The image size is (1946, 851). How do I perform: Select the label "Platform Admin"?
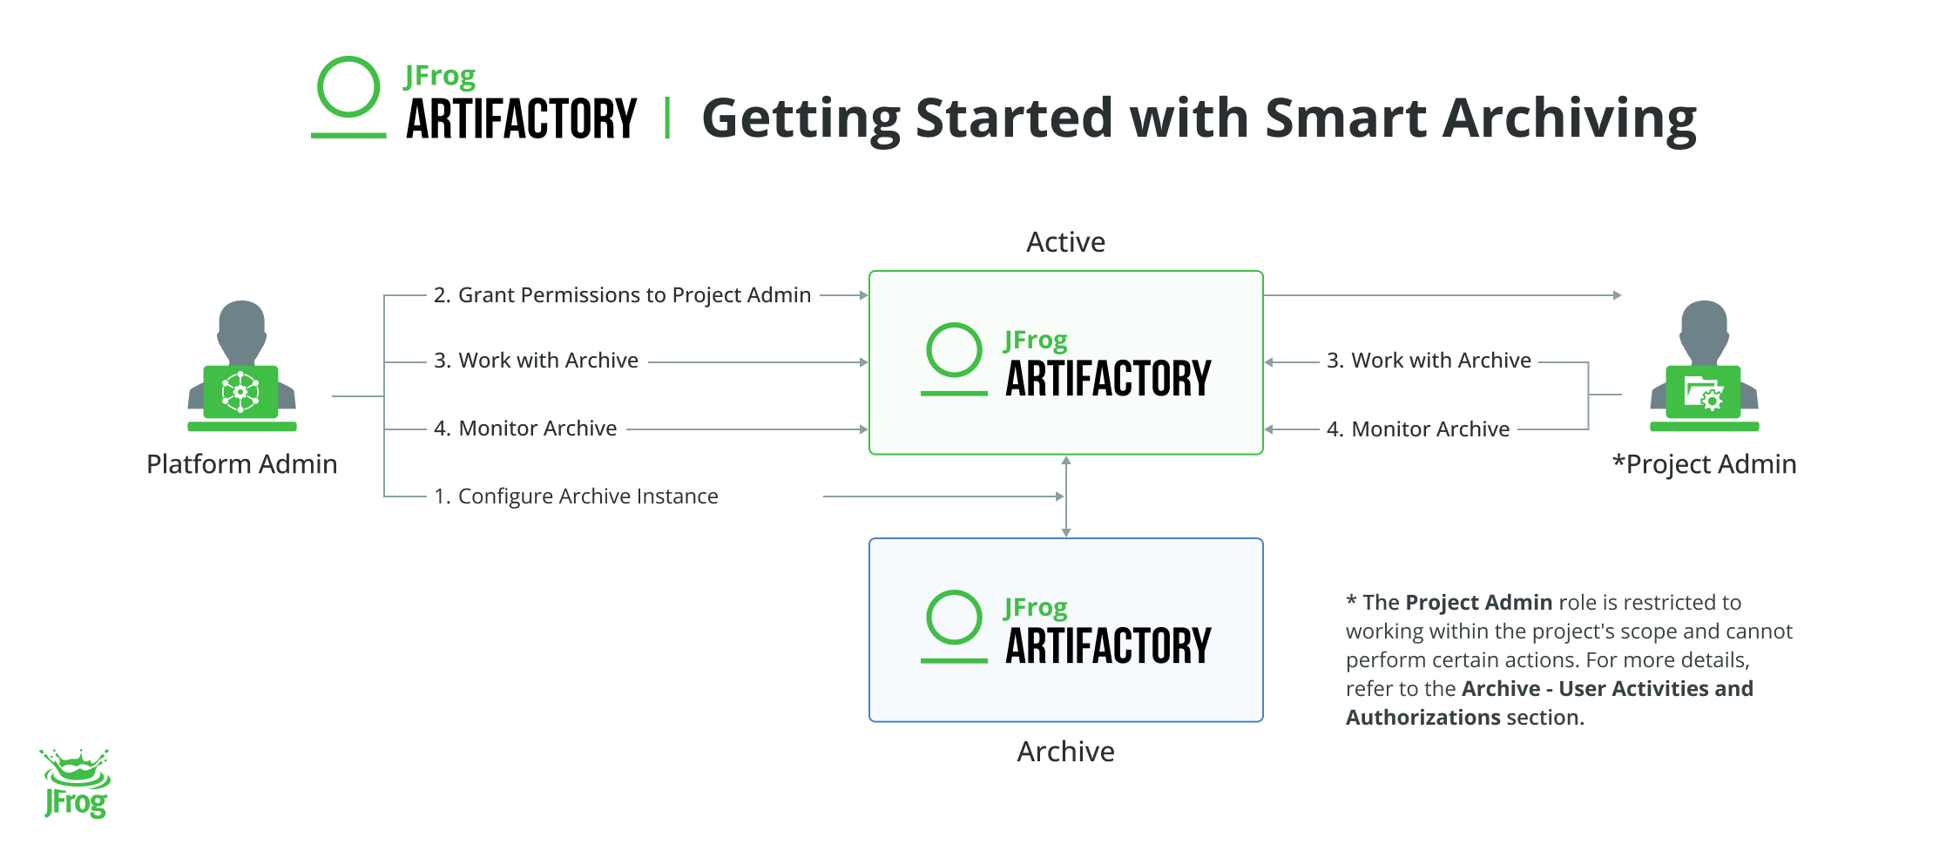click(241, 464)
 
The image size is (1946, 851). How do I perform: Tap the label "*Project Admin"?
click(1704, 464)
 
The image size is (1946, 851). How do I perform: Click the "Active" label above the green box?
click(1065, 242)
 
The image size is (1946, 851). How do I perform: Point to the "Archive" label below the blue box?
click(1065, 752)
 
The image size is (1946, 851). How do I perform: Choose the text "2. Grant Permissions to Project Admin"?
click(622, 295)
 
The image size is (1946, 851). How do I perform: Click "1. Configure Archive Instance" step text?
click(576, 496)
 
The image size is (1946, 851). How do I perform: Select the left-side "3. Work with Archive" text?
click(536, 361)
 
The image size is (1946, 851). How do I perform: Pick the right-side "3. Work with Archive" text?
click(1429, 361)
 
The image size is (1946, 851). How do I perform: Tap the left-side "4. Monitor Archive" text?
click(525, 429)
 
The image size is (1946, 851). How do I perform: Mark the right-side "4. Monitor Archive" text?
click(1418, 429)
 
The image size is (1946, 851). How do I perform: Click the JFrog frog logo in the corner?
click(76, 783)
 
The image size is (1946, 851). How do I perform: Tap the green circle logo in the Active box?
click(954, 350)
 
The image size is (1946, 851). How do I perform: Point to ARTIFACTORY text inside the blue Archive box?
click(1108, 646)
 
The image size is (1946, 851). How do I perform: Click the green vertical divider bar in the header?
click(667, 118)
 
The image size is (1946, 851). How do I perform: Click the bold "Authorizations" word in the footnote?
click(1422, 718)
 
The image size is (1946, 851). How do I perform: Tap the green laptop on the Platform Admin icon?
click(241, 392)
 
